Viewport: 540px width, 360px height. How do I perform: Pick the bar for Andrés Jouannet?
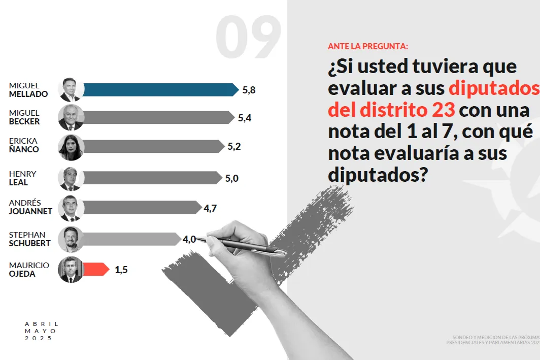coord(142,207)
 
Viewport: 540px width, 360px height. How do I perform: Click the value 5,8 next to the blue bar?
coord(249,90)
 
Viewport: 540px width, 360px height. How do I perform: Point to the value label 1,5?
coord(121,270)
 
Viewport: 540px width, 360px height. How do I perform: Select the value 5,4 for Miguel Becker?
coord(245,118)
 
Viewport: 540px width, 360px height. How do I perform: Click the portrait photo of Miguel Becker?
coord(71,118)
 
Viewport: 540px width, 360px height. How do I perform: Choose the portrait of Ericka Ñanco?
coord(71,147)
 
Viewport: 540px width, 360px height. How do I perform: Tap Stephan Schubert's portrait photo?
coord(71,239)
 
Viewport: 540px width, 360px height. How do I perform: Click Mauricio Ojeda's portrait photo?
coord(71,270)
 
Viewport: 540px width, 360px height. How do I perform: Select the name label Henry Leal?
coord(23,178)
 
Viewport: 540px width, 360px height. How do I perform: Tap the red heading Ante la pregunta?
coord(368,46)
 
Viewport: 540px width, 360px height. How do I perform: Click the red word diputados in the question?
coord(493,88)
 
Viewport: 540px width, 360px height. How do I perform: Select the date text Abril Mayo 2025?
coord(41,331)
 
